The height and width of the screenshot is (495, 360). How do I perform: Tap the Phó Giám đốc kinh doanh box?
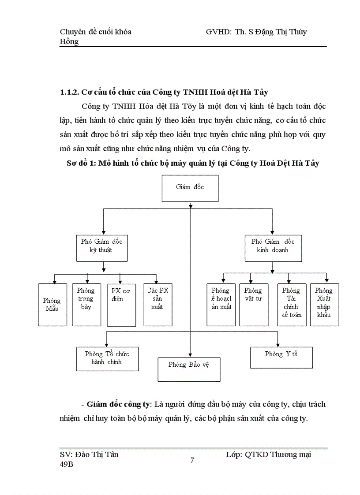point(272,246)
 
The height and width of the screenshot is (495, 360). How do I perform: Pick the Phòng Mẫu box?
point(52,305)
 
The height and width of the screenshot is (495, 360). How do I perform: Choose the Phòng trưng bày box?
point(86,304)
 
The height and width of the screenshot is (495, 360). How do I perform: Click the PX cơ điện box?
point(121,305)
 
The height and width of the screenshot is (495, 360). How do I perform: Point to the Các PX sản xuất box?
point(157,304)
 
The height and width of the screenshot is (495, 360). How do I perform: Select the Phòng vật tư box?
point(253,304)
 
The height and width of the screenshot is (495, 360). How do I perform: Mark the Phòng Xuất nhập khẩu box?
point(324,304)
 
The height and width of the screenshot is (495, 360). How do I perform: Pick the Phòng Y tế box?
point(281,357)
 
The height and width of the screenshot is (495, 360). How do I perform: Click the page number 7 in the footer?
point(192,461)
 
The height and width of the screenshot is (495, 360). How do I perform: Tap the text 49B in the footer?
point(67,464)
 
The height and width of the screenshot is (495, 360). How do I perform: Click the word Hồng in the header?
point(69,41)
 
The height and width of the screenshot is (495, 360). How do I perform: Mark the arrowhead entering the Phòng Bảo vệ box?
point(190,355)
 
